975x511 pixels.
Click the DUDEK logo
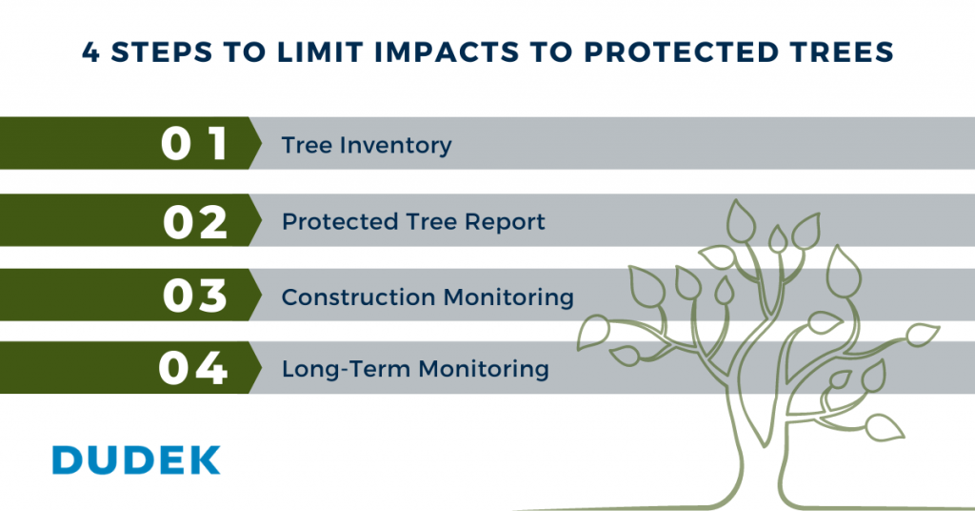[x=136, y=460]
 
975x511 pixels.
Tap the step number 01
[x=194, y=144]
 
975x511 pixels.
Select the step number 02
[x=195, y=222]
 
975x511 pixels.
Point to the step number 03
[x=195, y=295]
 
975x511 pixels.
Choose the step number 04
[x=192, y=367]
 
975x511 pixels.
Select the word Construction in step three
[x=358, y=296]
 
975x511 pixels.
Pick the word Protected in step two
[x=340, y=221]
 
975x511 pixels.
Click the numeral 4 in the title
[x=90, y=52]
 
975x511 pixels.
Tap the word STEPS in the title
[x=162, y=52]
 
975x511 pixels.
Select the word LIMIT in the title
[x=320, y=52]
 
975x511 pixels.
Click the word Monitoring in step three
[x=508, y=297]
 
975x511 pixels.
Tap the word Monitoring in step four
[x=484, y=369]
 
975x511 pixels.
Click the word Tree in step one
[x=307, y=145]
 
